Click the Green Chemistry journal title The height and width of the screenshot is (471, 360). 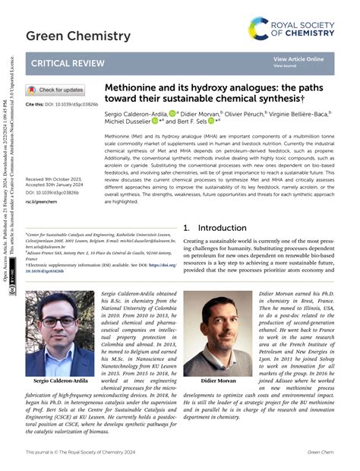click(67, 35)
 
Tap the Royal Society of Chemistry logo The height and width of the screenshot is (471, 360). click(292, 28)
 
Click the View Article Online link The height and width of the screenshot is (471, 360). click(298, 59)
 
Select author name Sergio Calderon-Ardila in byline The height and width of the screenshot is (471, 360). click(137, 112)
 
